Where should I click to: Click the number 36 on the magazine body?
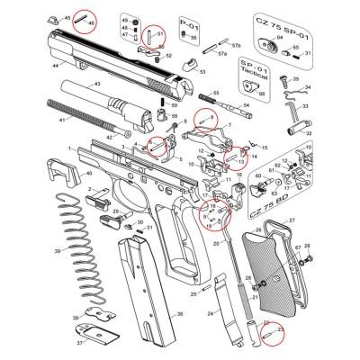179,314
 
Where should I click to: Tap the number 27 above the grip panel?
291,219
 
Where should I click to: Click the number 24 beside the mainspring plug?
210,313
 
